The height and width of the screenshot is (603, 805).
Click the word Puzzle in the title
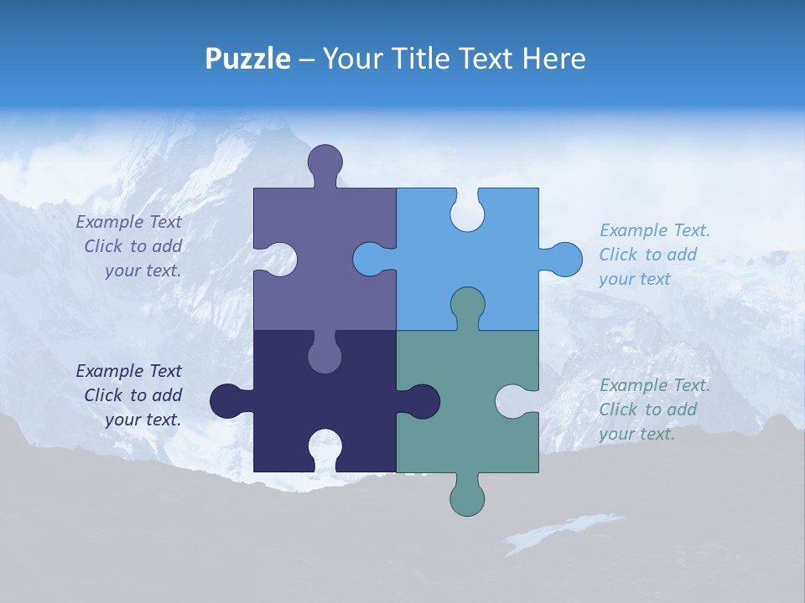click(x=248, y=59)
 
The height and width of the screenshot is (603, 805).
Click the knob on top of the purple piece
click(x=325, y=162)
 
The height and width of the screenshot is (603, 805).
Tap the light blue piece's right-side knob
click(x=563, y=260)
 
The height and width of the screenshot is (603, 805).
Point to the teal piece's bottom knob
click(x=467, y=497)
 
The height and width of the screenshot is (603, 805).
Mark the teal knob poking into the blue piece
click(x=467, y=305)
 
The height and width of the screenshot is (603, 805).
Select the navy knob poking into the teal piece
click(x=422, y=400)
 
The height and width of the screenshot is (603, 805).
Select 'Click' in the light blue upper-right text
click(x=618, y=255)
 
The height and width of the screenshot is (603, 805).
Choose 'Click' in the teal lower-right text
click(x=618, y=410)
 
